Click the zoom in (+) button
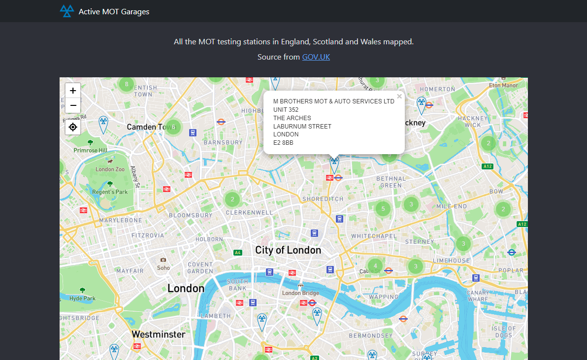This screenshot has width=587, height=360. (73, 91)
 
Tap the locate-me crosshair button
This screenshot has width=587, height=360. (73, 127)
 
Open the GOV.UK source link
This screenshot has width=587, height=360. (316, 57)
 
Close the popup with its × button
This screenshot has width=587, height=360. (399, 97)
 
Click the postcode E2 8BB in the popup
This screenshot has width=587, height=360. (283, 143)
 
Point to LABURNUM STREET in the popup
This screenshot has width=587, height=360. (302, 126)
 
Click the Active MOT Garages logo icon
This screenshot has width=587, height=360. (66, 11)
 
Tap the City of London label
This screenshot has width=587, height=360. (288, 250)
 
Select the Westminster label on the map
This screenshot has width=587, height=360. (158, 334)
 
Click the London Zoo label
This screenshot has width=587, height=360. (110, 169)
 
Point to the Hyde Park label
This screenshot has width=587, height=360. (82, 298)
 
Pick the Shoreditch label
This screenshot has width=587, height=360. (322, 199)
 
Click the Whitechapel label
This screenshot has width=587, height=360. (374, 236)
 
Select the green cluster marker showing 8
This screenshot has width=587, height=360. (127, 84)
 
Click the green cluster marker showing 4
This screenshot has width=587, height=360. (375, 266)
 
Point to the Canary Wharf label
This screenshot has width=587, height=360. (478, 295)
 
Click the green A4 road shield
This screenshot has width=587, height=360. (238, 253)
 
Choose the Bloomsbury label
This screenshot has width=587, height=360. (191, 215)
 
